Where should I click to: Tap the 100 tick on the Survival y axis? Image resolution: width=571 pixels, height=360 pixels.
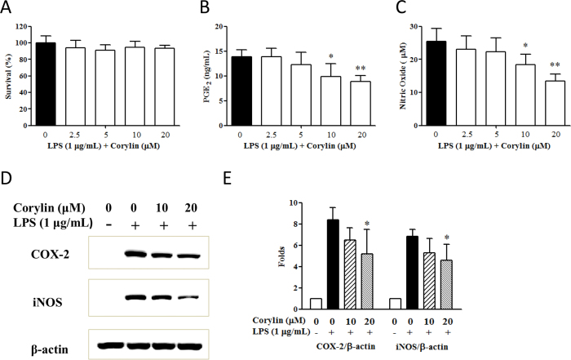pos(28,42)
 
